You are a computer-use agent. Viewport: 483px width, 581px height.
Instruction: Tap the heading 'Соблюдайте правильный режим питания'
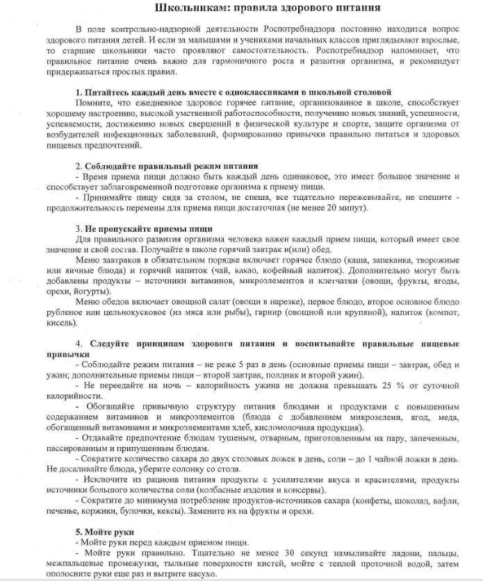point(171,167)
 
